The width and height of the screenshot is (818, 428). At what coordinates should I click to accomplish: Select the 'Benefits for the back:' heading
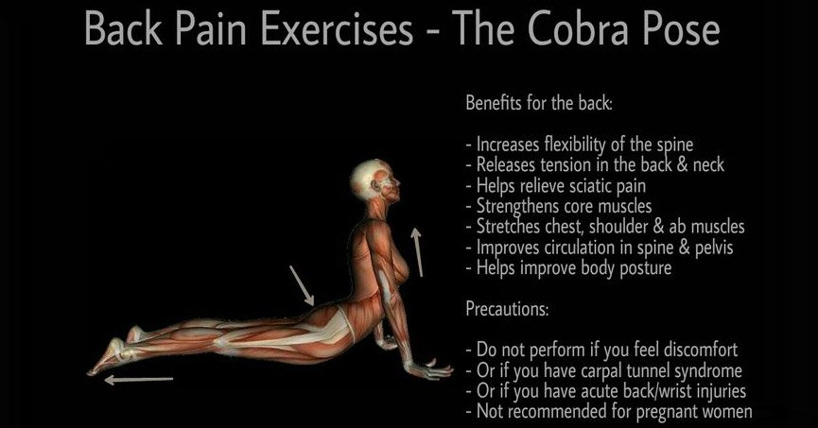pos(539,103)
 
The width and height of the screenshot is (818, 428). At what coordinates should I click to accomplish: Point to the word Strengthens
pos(520,206)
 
